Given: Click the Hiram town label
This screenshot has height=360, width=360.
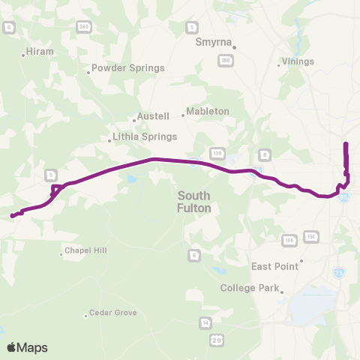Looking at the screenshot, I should [x=40, y=52].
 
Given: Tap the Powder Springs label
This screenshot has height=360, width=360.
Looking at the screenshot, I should [x=127, y=68].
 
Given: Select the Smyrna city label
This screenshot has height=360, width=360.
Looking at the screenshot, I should [x=214, y=43].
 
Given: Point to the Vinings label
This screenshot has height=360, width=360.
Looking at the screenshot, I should [x=297, y=61].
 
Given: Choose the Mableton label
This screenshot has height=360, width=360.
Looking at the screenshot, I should [x=207, y=111].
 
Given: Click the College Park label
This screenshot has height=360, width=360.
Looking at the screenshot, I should [x=250, y=288].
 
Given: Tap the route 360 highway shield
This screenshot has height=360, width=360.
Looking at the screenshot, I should [x=82, y=26].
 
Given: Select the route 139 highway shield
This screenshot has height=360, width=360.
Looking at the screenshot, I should [x=217, y=152].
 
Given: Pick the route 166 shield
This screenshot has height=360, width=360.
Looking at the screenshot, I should [x=289, y=240].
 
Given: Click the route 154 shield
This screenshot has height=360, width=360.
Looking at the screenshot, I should [x=310, y=237].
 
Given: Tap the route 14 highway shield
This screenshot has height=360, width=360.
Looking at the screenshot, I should [x=205, y=322].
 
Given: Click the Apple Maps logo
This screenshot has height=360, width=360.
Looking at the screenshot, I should [x=27, y=347].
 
